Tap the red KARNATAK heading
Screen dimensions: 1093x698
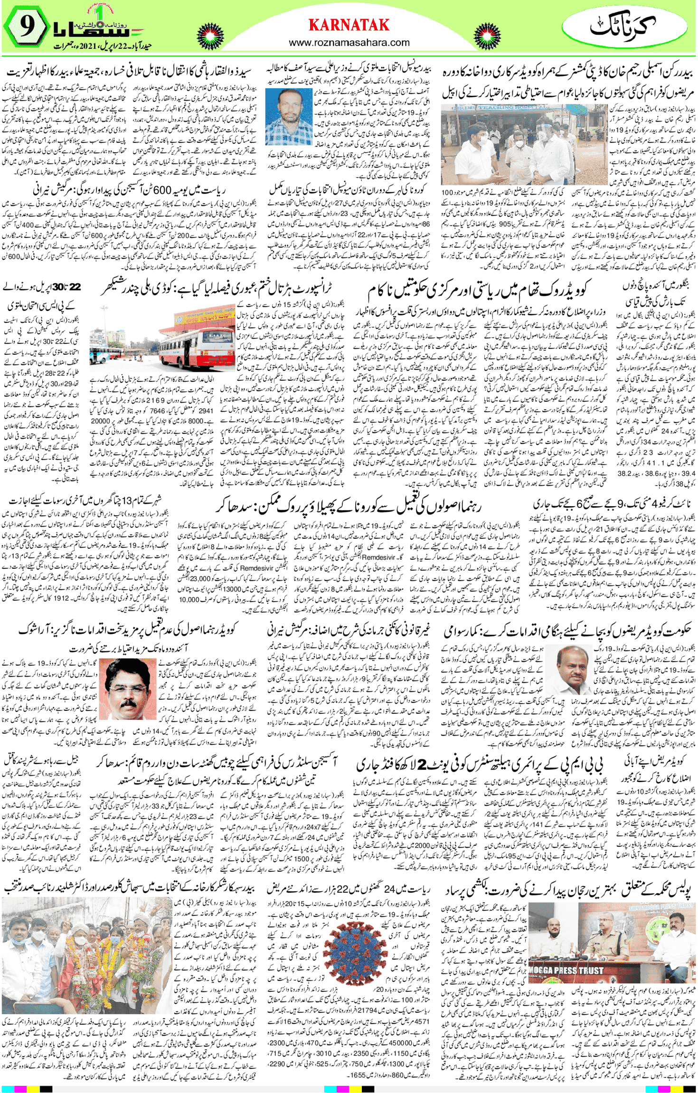(349, 25)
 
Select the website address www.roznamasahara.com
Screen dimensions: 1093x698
(349, 43)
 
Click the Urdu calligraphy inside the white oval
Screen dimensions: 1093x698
(623, 26)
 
